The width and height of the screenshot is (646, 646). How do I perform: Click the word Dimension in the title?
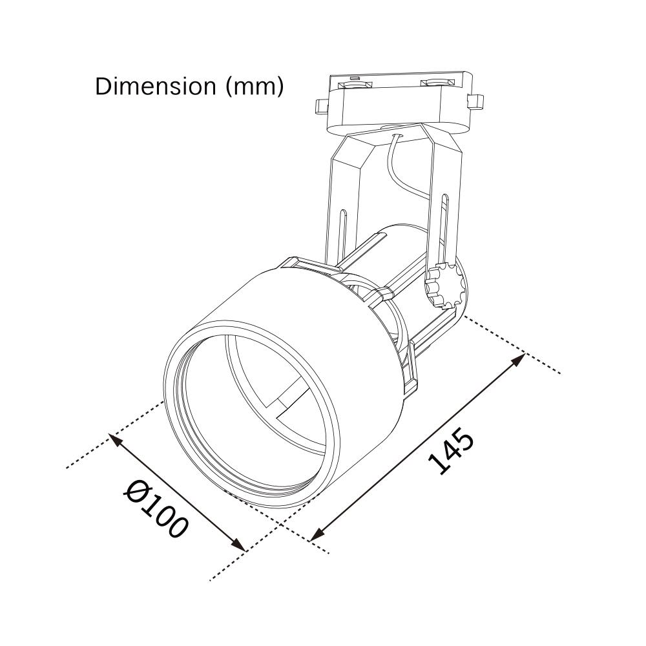point(156,87)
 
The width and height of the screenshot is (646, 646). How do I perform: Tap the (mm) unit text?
point(255,87)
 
